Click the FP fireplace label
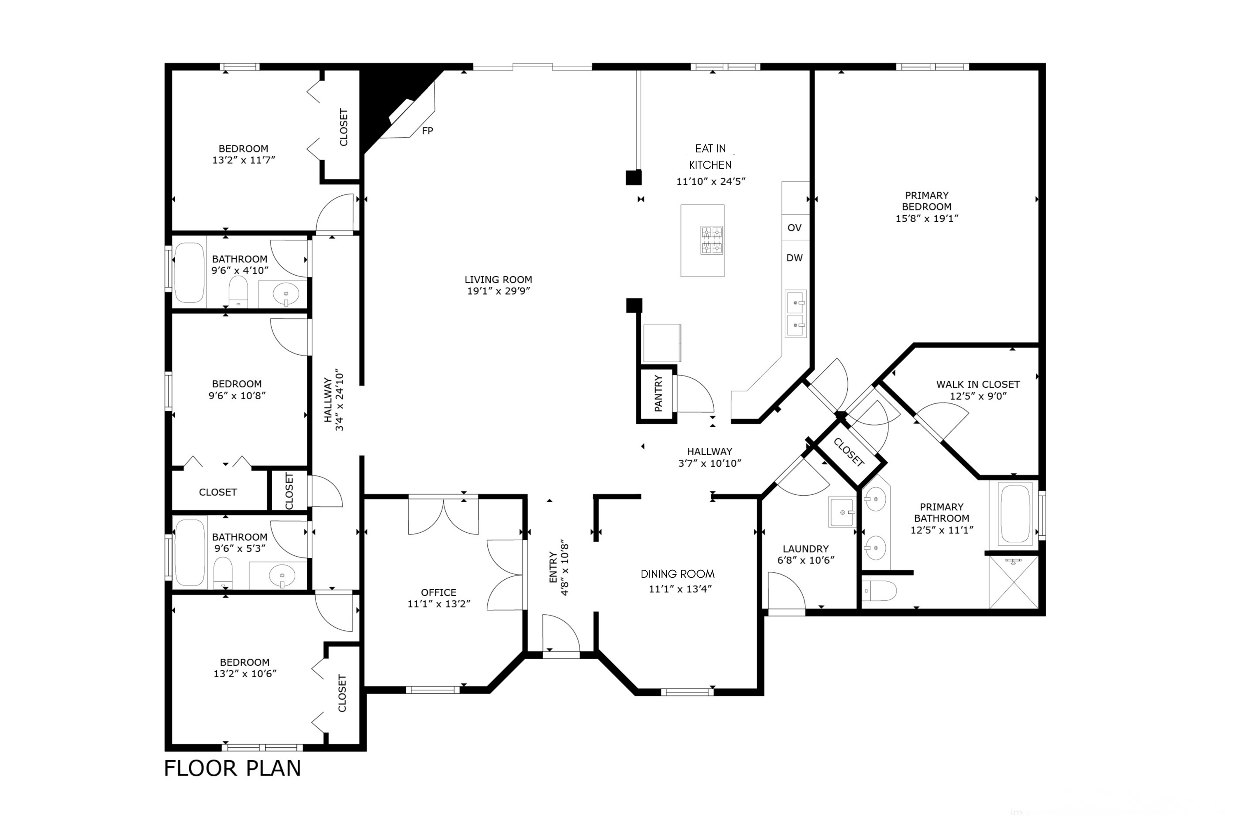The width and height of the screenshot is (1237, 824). coord(427,131)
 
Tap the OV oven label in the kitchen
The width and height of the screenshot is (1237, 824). coord(794,227)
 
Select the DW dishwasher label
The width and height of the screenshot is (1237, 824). coord(794,257)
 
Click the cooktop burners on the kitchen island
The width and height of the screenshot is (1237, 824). coord(712,240)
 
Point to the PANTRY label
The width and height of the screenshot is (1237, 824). coord(658,393)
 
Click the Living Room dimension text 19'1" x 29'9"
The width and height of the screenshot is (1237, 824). coord(498,291)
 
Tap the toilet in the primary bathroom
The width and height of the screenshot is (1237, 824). coord(880,591)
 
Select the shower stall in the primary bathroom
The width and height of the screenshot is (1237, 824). coord(1014,582)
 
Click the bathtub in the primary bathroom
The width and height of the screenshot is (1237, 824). coord(1015,513)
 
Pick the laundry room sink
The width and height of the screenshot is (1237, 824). coord(842,512)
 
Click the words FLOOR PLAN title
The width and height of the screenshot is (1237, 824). coord(233,768)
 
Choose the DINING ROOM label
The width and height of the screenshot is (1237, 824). coord(677,574)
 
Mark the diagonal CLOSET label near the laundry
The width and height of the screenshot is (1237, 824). coord(848,452)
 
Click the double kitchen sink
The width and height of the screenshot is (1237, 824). coord(795,314)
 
